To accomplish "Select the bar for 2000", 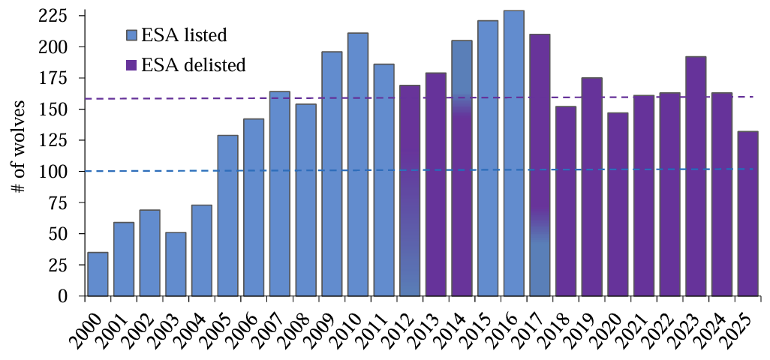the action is pyautogui.click(x=98, y=274).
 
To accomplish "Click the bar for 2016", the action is pyautogui.click(x=513, y=153).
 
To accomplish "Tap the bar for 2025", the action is pyautogui.click(x=748, y=213).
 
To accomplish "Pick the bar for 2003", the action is pyautogui.click(x=176, y=264).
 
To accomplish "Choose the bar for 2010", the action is pyautogui.click(x=358, y=164).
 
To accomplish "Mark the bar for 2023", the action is pyautogui.click(x=696, y=176).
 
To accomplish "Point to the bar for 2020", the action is pyautogui.click(x=618, y=204).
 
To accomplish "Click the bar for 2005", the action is pyautogui.click(x=228, y=215).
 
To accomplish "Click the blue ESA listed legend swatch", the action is pyautogui.click(x=131, y=35).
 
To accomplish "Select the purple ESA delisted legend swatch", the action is pyautogui.click(x=131, y=64).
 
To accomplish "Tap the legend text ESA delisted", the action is pyautogui.click(x=194, y=64).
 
